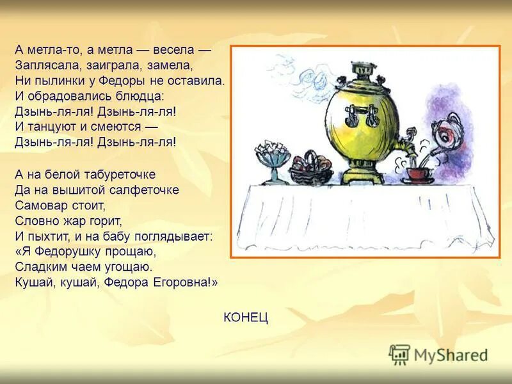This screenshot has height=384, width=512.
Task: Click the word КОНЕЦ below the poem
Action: (246, 317)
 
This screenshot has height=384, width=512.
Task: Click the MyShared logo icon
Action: (399, 355)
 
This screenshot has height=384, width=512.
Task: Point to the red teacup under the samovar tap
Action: (415, 173)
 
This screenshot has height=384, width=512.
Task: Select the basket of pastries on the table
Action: (311, 170)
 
